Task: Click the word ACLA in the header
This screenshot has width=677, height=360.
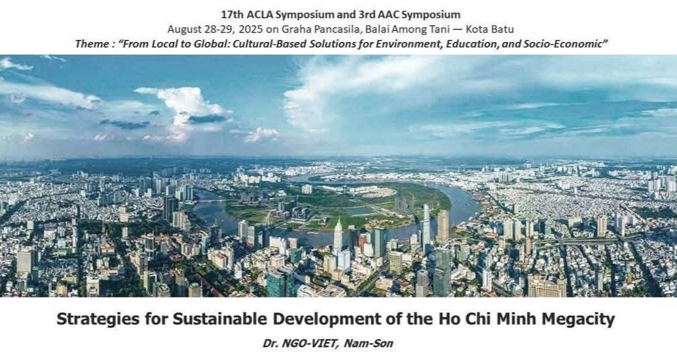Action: pos(260,14)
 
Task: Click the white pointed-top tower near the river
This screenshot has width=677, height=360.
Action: pos(338,237)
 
